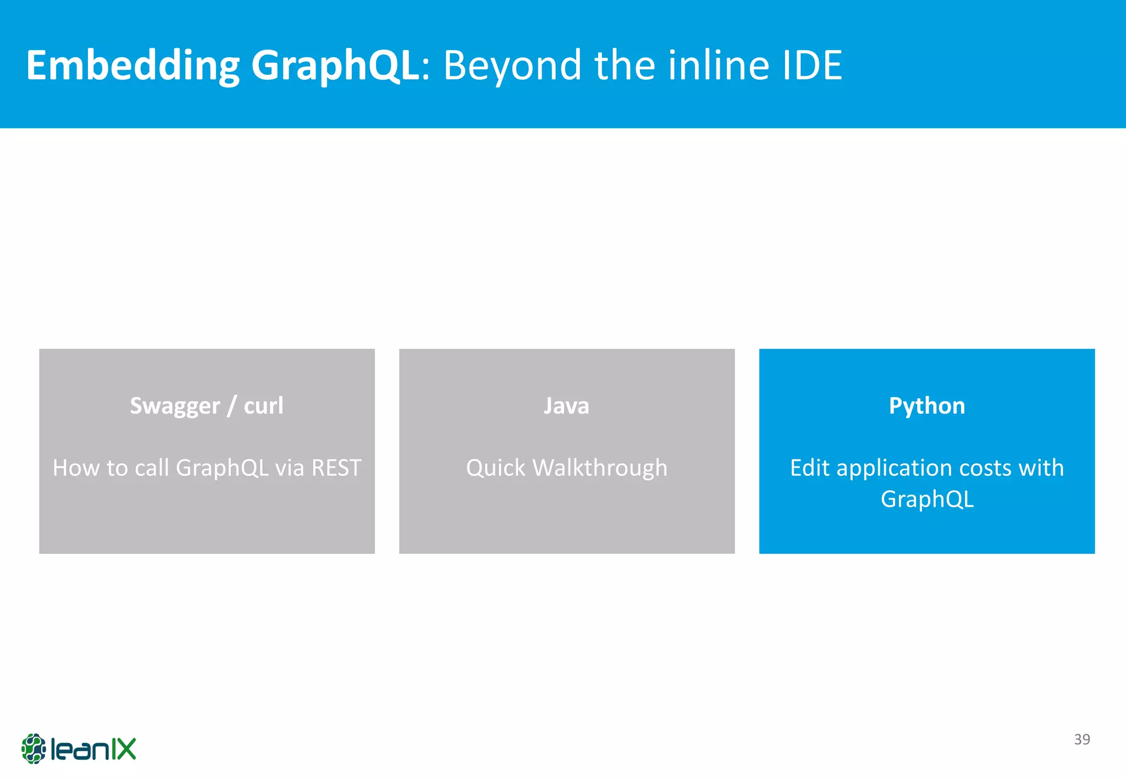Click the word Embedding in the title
pyautogui.click(x=133, y=65)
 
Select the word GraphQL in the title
pyautogui.click(x=335, y=65)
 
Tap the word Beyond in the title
pyautogui.click(x=512, y=65)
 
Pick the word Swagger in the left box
pyautogui.click(x=175, y=407)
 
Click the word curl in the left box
pyautogui.click(x=263, y=406)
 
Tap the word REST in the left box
pyautogui.click(x=336, y=468)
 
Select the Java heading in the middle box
pyautogui.click(x=566, y=406)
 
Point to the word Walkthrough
pyautogui.click(x=600, y=468)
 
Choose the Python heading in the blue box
pyautogui.click(x=927, y=406)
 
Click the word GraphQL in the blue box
pyautogui.click(x=927, y=499)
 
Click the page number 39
pyautogui.click(x=1082, y=739)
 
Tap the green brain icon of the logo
pyautogui.click(x=34, y=749)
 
